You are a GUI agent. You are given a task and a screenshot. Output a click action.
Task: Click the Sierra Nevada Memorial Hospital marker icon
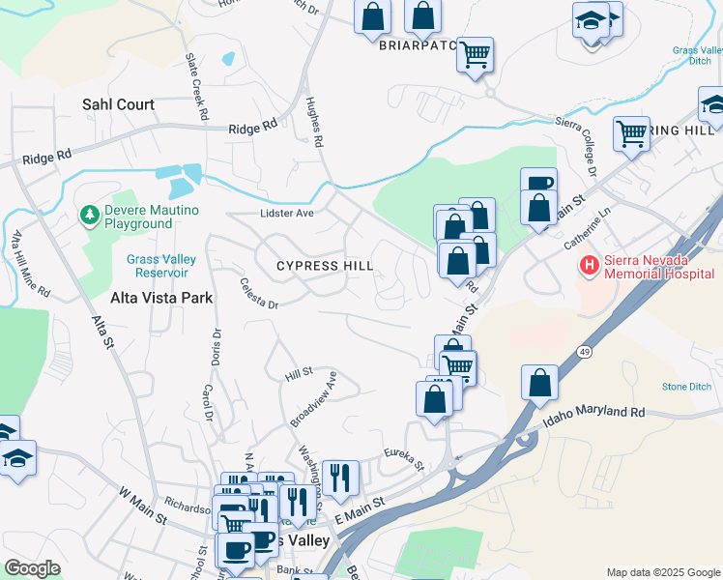pyautogui.click(x=587, y=264)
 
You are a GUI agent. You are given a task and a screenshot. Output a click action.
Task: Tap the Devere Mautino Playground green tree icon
pyautogui.click(x=90, y=214)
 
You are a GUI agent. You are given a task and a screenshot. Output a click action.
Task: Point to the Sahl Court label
pyautogui.click(x=118, y=104)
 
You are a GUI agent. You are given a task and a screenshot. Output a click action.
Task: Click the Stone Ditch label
pyautogui.click(x=686, y=387)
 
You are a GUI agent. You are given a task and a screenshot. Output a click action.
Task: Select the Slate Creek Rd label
pyautogui.click(x=196, y=87)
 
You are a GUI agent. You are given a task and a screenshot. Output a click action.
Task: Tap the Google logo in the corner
pyautogui.click(x=32, y=567)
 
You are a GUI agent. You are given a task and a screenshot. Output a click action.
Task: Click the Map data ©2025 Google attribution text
pyautogui.click(x=663, y=572)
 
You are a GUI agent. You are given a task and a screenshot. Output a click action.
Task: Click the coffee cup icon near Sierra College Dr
pyautogui.click(x=538, y=182)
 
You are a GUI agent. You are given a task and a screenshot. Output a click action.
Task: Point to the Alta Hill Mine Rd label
pyautogui.click(x=30, y=262)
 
